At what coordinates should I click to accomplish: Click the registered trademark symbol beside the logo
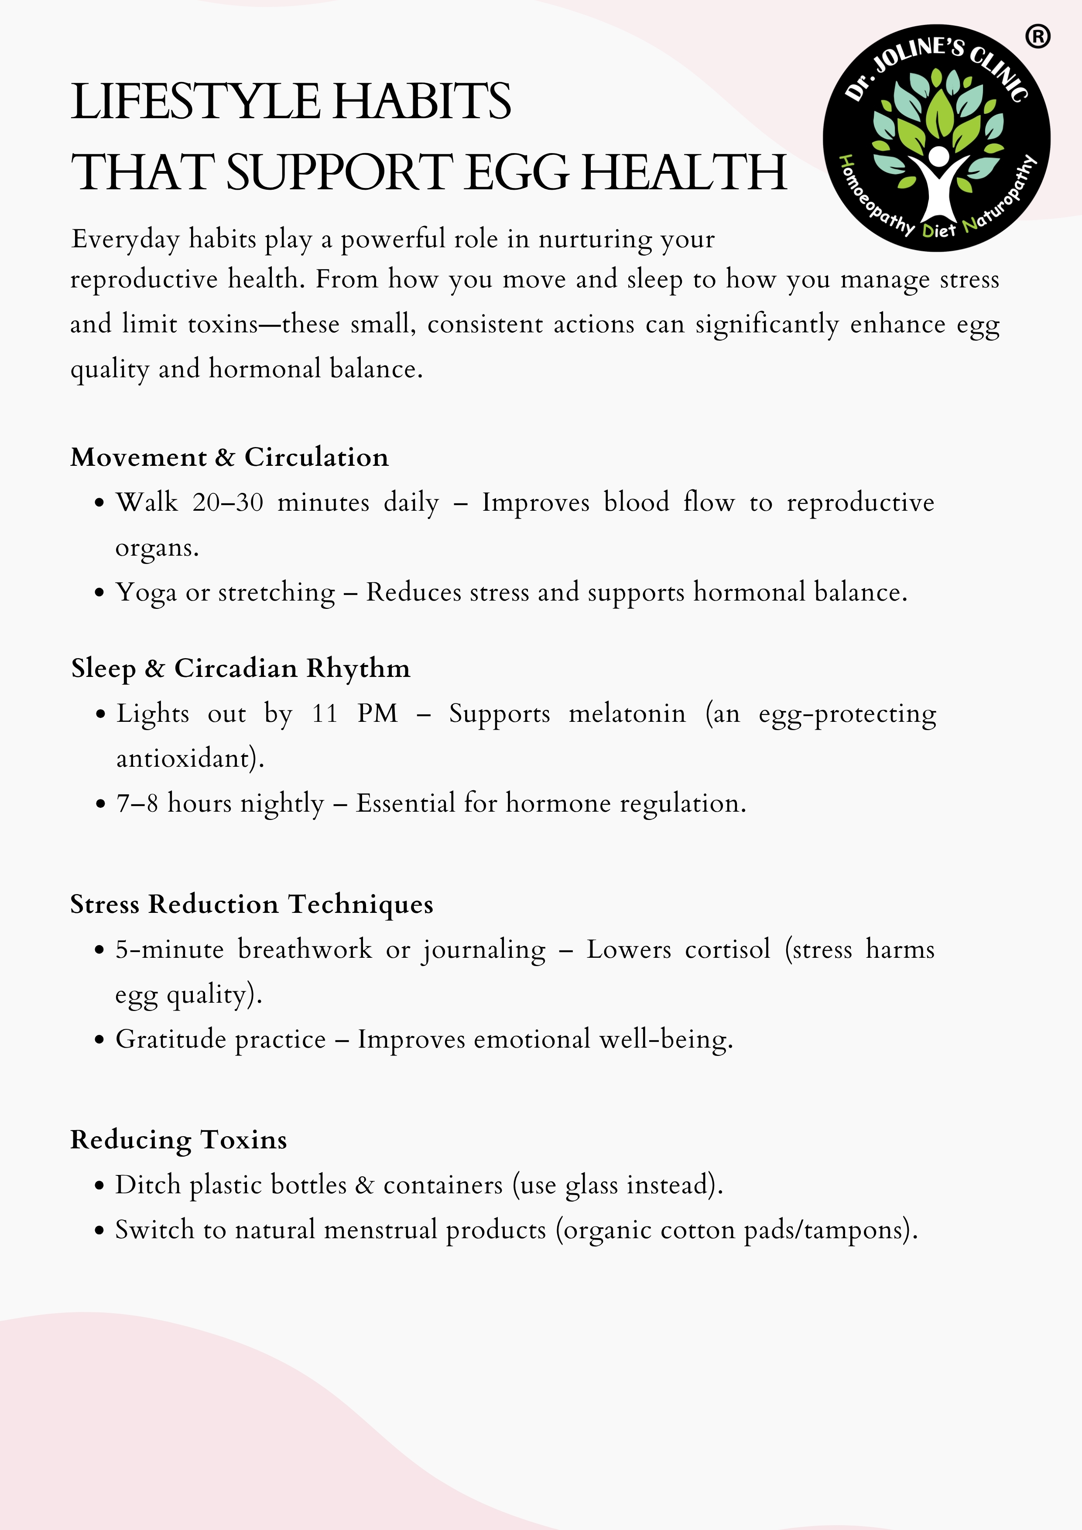[1037, 37]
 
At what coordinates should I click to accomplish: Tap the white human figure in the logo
[937, 183]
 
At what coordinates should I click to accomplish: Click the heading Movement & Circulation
[229, 457]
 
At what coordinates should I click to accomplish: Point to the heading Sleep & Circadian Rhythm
[241, 668]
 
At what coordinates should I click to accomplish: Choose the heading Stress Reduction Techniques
[251, 904]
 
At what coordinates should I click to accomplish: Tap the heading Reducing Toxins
[179, 1140]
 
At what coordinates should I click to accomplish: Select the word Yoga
[146, 592]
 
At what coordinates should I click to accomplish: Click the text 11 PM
[355, 714]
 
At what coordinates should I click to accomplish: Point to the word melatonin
[627, 714]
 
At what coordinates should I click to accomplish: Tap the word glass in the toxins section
[591, 1185]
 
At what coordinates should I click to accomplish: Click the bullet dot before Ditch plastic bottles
[99, 1187]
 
